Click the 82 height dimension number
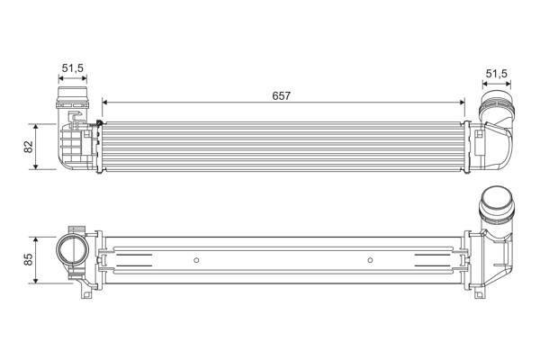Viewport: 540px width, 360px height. tap(28, 146)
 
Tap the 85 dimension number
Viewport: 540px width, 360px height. tap(28, 259)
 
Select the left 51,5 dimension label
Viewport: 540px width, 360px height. tap(73, 68)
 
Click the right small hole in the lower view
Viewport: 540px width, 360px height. tap(370, 261)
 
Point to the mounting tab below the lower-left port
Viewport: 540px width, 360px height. tap(86, 292)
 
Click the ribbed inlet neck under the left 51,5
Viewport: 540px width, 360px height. tap(72, 94)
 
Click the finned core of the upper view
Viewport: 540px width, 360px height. tap(283, 143)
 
